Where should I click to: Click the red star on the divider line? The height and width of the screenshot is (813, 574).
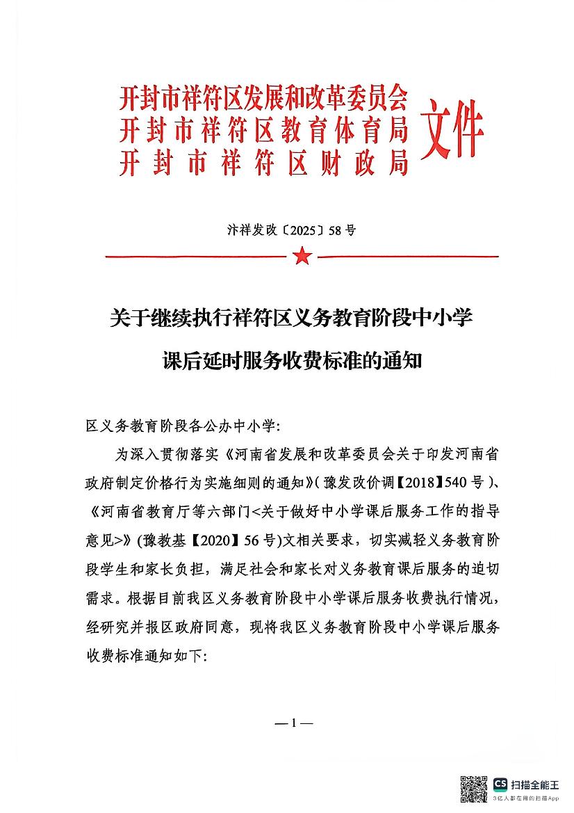(302, 257)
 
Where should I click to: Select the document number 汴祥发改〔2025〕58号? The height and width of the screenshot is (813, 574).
(287, 230)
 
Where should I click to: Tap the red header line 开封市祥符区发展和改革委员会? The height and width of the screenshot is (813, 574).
(263, 100)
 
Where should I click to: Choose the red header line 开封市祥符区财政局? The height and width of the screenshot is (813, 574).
(263, 164)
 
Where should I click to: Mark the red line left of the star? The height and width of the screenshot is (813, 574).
(195, 257)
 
